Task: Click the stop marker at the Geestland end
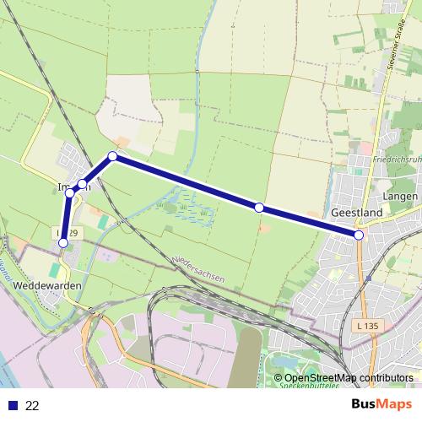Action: (x=360, y=235)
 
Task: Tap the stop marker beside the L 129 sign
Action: (x=63, y=243)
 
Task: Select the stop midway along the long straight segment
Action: (x=259, y=207)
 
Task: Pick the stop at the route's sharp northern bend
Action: (x=112, y=156)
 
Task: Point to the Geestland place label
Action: (x=357, y=214)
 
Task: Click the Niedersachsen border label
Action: (x=197, y=268)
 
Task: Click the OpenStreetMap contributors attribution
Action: (x=349, y=377)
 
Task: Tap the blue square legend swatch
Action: (x=12, y=405)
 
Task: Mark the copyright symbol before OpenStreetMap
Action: (x=278, y=377)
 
